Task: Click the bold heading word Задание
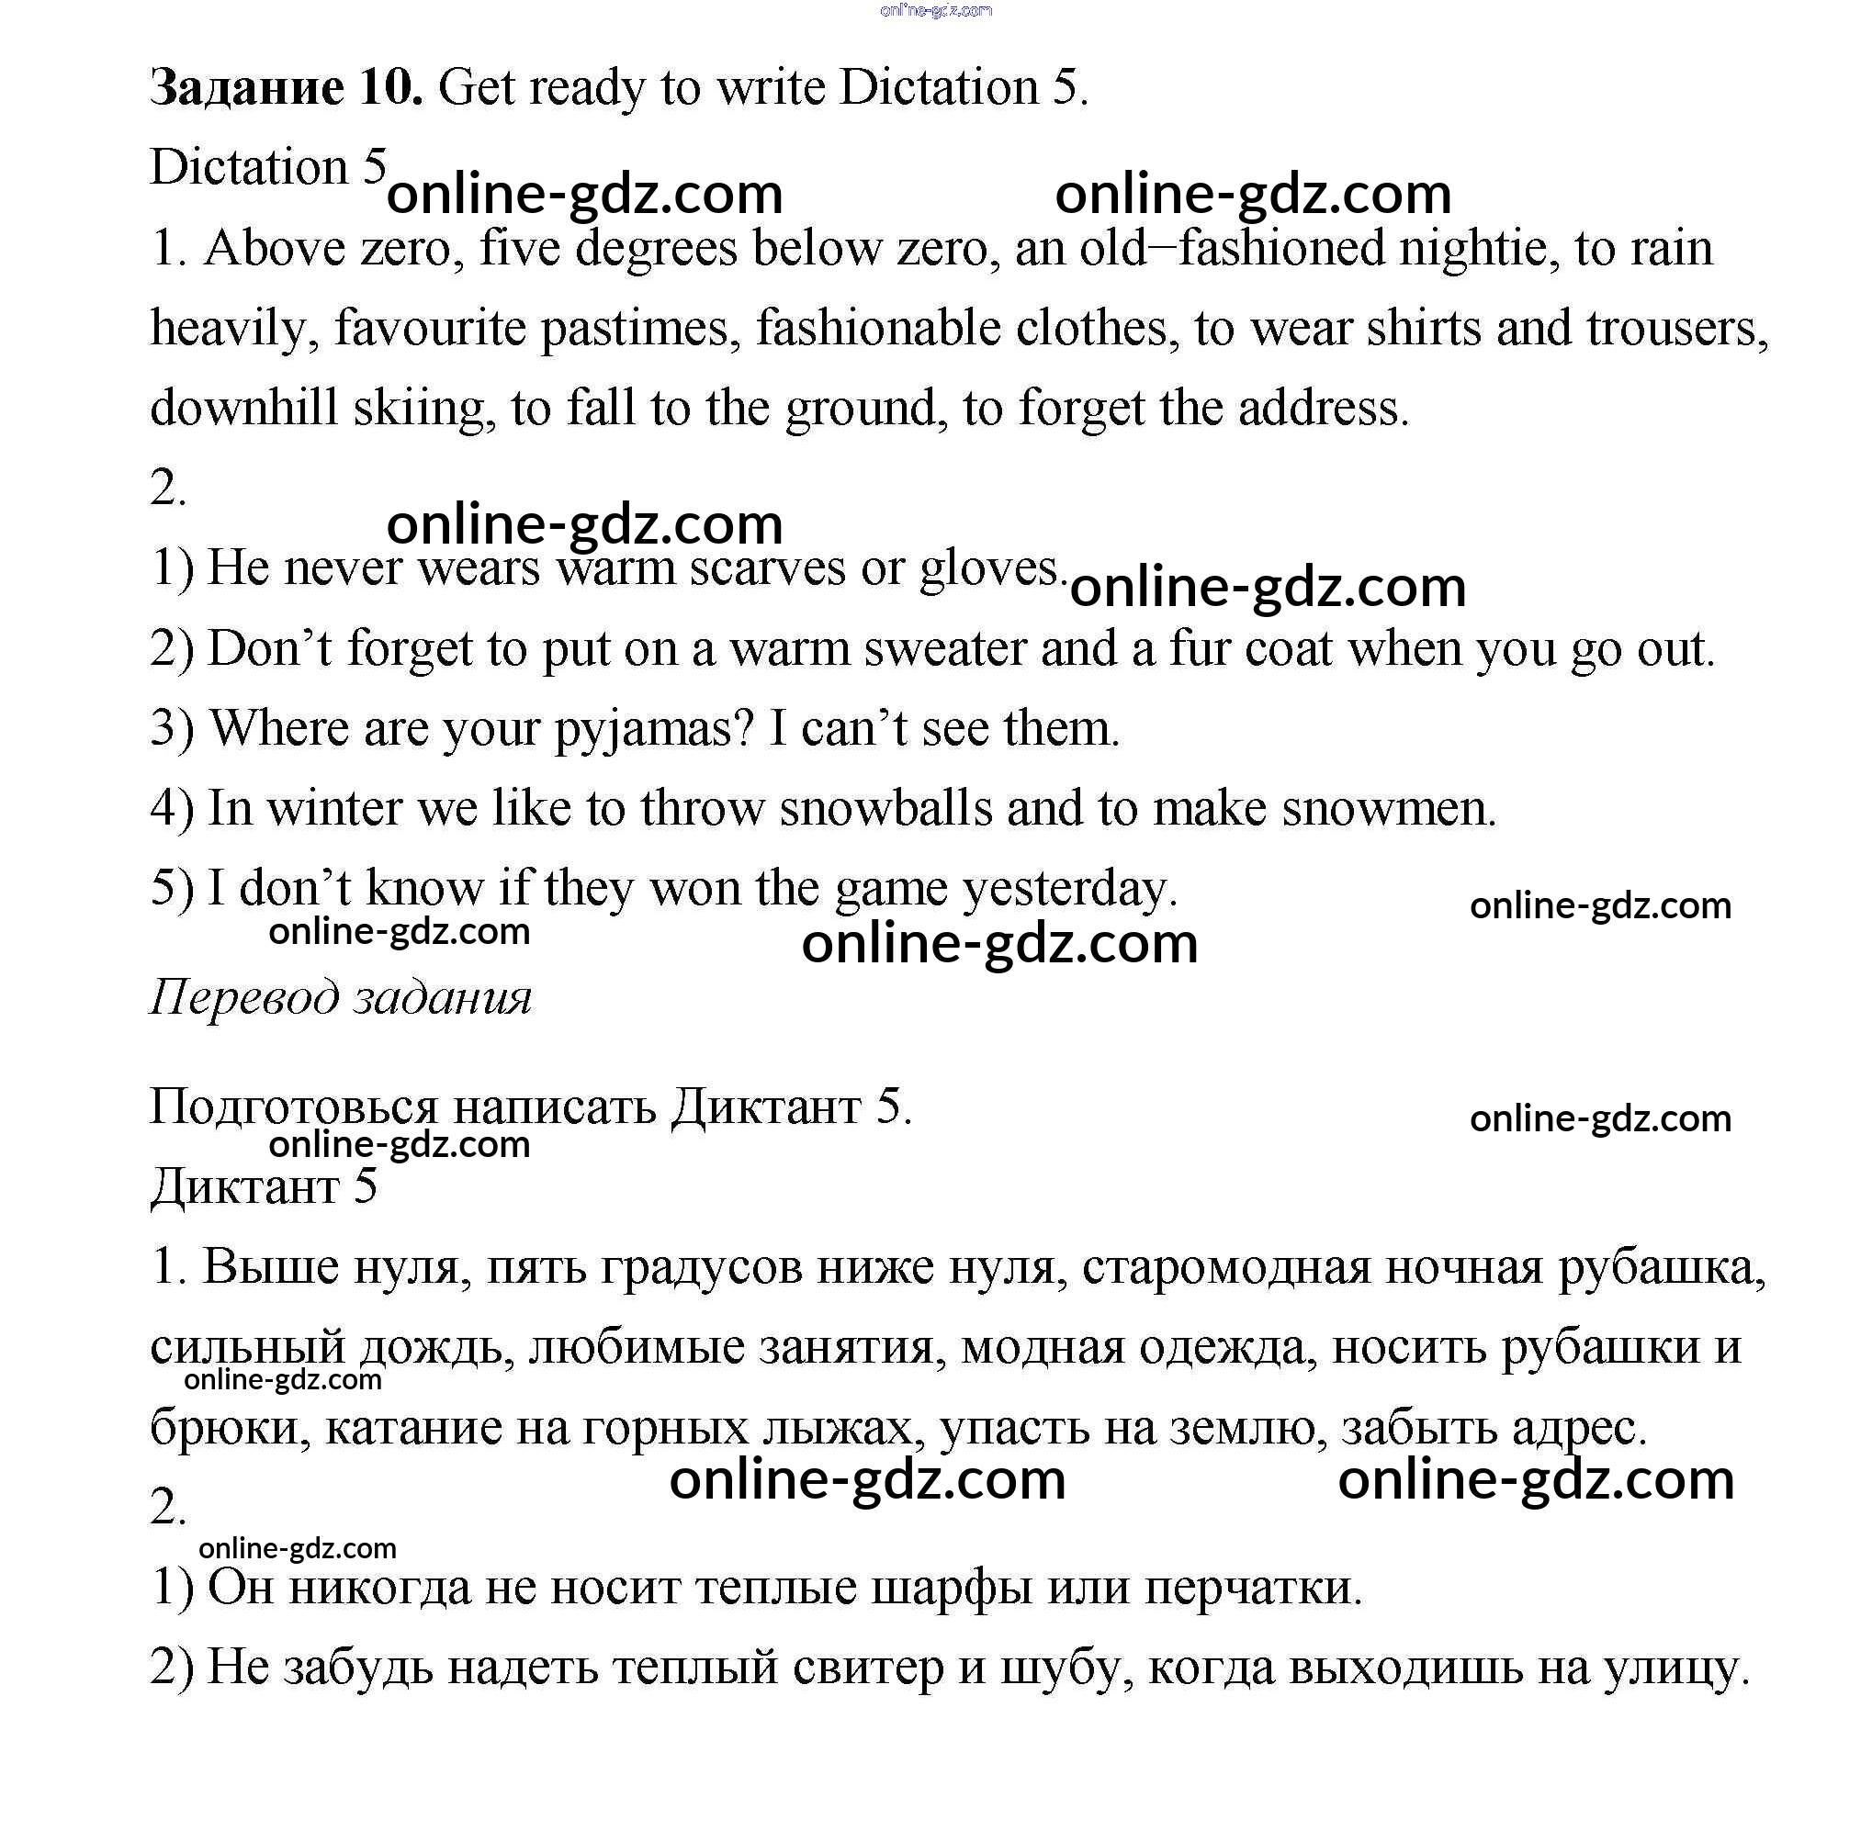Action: click(x=246, y=88)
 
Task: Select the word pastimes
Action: click(x=639, y=329)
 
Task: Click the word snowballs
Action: click(x=885, y=809)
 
